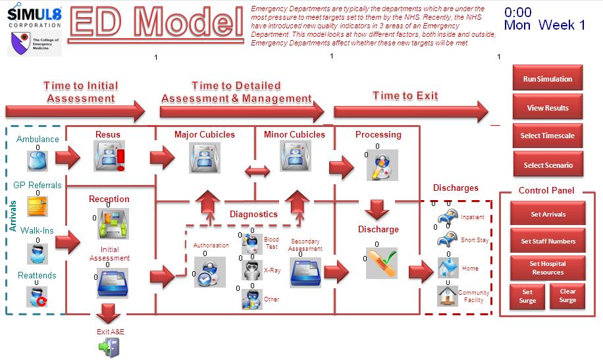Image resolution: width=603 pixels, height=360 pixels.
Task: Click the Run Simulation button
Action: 547,79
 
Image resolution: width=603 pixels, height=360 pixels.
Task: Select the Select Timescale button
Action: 547,136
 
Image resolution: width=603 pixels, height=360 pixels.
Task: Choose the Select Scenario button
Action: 547,165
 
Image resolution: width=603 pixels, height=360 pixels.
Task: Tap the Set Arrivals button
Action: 548,214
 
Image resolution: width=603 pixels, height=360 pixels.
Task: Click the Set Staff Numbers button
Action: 548,241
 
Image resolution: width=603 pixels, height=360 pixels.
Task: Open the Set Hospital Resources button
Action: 548,268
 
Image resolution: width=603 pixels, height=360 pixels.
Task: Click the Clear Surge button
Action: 567,296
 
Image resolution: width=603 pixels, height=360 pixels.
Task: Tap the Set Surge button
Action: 527,296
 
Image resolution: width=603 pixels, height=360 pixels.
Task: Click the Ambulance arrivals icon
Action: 38,160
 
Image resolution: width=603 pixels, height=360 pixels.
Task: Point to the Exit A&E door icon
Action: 109,347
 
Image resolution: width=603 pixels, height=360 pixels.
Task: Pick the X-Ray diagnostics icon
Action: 251,270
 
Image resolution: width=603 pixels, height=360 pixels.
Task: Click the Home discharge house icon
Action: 448,267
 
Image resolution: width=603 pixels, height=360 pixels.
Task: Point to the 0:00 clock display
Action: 518,13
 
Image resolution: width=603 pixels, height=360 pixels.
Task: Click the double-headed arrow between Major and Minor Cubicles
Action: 257,171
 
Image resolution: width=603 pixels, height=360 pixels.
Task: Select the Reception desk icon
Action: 112,223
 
